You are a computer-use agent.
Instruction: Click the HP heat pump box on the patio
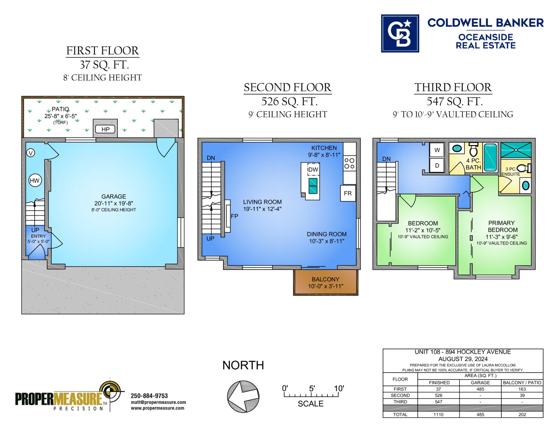coord(105,129)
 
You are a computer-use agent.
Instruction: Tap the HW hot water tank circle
coord(35,180)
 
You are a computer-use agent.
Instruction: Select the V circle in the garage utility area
coord(31,153)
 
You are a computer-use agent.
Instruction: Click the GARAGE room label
coord(114,196)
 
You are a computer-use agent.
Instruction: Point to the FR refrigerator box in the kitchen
coord(348,193)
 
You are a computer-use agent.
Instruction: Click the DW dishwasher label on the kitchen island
coord(313,169)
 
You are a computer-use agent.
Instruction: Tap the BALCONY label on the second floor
coord(325,279)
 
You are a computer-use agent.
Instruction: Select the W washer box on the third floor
coord(437,150)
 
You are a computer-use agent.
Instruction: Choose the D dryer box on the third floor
coord(437,165)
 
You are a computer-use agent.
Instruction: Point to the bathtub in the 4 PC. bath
coord(490,157)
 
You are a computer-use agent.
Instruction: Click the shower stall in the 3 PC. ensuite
coord(516,150)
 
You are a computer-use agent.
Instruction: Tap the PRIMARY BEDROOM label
coord(502,226)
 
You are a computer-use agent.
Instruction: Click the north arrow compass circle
coord(243,396)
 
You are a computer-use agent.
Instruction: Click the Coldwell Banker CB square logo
coord(400,34)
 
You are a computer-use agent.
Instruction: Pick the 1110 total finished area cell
coord(438,415)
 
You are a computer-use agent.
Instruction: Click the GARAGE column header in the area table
coord(480,383)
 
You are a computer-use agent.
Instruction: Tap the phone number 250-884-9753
coord(149,396)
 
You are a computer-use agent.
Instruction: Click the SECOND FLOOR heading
coord(287,87)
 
